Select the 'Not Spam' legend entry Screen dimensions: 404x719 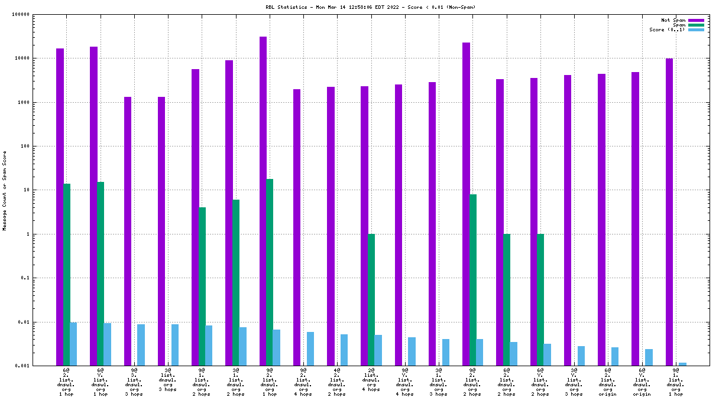[x=674, y=20]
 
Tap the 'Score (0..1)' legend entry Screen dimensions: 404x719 [x=667, y=30]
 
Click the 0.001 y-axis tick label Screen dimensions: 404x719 [x=40, y=366]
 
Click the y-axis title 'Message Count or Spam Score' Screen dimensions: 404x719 [x=5, y=190]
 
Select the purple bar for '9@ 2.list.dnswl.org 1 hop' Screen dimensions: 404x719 [x=263, y=201]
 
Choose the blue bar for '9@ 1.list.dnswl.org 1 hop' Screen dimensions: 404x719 [x=682, y=364]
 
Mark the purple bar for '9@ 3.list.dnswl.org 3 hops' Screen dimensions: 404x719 [x=128, y=231]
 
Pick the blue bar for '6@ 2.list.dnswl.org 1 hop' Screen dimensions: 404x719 [x=73, y=344]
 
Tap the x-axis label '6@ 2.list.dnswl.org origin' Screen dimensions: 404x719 [x=608, y=382]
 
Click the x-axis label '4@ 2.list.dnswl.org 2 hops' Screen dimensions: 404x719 [x=337, y=382]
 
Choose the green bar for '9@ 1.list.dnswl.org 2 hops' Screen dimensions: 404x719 [x=202, y=286]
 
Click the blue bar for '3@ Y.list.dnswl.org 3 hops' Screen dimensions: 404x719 [x=581, y=356]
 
